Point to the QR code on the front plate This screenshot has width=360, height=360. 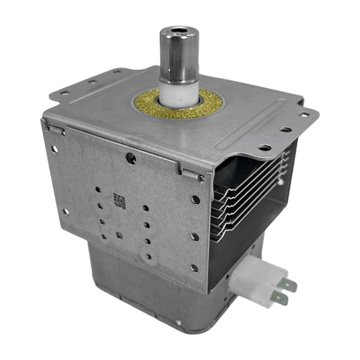tap(119, 200)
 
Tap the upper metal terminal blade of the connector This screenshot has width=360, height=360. tap(288, 285)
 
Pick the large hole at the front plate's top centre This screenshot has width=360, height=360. tap(131, 157)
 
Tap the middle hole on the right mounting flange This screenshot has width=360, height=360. tap(285, 130)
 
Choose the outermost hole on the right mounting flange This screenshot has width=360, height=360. tap(305, 115)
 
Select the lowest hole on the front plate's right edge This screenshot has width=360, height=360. tap(194, 268)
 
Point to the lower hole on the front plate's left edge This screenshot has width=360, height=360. tap(66, 211)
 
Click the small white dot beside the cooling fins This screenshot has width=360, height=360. tap(280, 181)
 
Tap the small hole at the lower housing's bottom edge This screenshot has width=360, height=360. tap(179, 322)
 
